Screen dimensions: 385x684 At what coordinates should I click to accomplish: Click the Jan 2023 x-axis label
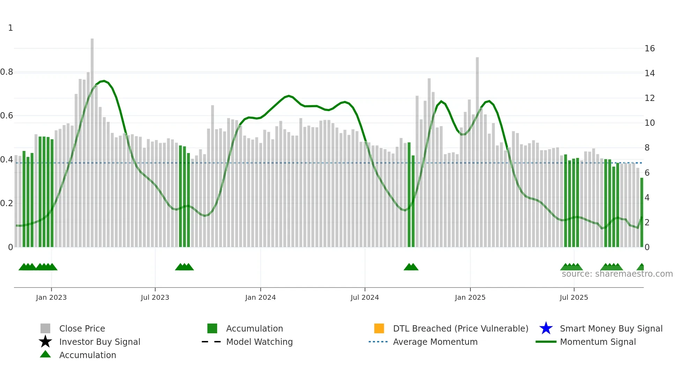click(51, 297)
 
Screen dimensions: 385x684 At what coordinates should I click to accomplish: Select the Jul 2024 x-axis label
click(364, 297)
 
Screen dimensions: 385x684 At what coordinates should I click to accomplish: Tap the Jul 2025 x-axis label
click(574, 297)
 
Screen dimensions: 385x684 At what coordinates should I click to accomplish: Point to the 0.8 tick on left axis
click(7, 72)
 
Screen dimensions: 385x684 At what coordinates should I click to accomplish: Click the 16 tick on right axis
click(649, 49)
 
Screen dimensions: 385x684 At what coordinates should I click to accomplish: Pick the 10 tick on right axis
click(649, 123)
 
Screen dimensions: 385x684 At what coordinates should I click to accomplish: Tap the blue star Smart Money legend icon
click(546, 328)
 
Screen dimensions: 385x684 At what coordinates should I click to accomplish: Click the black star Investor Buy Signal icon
click(45, 342)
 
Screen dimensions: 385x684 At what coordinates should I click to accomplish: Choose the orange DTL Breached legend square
click(379, 328)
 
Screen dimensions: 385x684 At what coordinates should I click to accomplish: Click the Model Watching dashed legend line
click(211, 342)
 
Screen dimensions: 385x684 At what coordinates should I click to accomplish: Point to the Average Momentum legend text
click(435, 342)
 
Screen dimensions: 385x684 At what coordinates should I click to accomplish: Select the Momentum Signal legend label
click(598, 342)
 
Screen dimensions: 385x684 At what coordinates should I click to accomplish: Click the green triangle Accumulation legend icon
click(45, 354)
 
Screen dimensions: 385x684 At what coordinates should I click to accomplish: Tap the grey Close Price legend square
click(45, 328)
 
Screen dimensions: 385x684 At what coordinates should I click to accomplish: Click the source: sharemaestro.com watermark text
click(617, 274)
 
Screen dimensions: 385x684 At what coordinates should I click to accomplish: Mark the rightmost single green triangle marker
click(641, 267)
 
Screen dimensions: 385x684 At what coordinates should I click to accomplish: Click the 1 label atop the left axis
click(10, 28)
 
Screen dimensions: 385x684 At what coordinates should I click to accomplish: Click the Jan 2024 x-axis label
click(260, 297)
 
